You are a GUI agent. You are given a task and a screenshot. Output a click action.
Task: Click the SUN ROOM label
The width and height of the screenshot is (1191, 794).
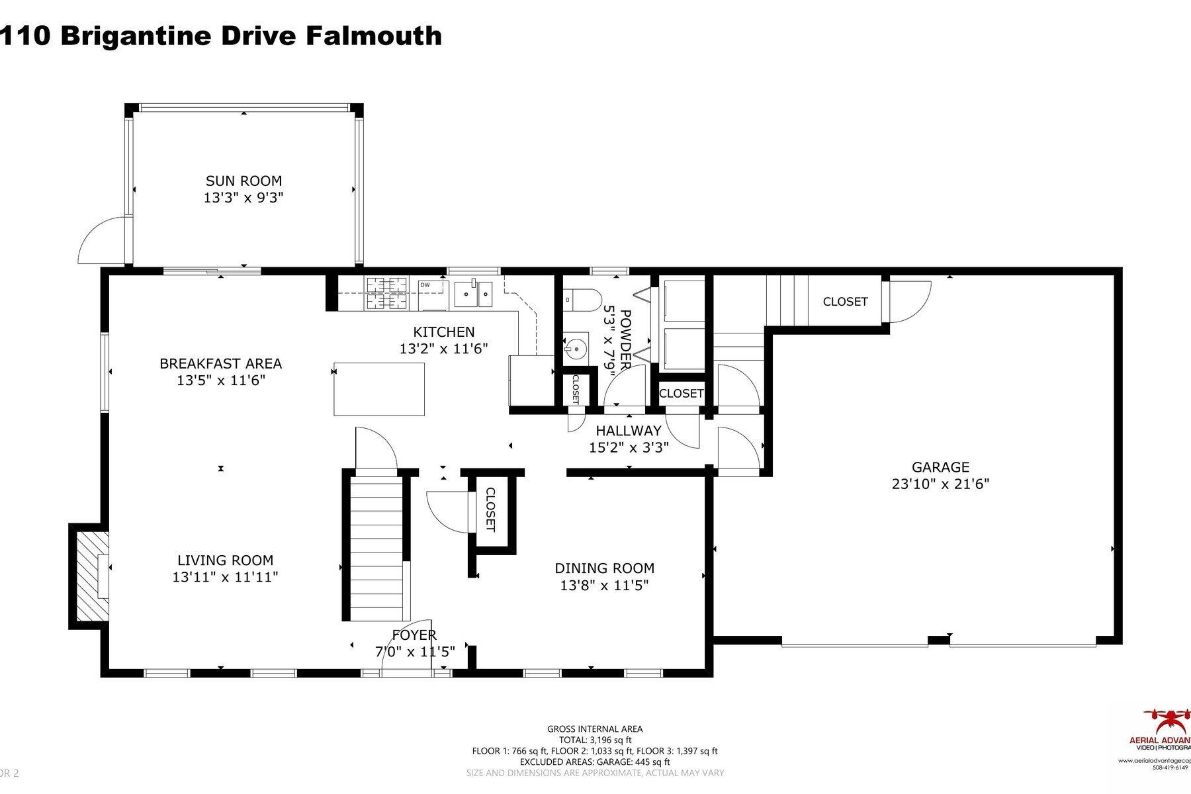point(243,181)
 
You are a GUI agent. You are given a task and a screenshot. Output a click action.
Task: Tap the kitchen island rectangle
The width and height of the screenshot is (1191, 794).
point(379,389)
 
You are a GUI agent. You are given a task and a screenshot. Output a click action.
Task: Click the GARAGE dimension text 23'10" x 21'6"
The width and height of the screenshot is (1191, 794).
point(940,484)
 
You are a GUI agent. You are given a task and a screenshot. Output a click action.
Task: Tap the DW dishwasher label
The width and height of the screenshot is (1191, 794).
point(425,285)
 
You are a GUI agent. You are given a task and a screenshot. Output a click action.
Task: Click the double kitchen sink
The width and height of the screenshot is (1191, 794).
point(474,294)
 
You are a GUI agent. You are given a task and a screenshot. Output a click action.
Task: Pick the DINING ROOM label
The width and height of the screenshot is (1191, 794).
point(604,568)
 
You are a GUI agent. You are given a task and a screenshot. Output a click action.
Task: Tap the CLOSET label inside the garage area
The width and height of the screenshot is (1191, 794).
point(845,302)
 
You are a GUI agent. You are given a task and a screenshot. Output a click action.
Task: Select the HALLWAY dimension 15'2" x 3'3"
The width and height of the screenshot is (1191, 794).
point(629,448)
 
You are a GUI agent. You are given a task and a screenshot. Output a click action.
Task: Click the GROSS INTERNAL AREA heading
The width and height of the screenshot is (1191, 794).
point(595,729)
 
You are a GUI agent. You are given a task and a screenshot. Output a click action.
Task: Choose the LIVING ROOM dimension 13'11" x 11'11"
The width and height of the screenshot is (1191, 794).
point(225,577)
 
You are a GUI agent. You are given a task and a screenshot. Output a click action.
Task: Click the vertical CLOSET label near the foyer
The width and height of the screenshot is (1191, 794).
point(490,509)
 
